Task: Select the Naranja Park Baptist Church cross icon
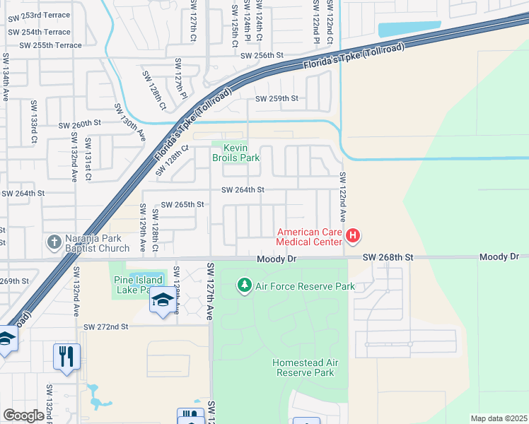54,242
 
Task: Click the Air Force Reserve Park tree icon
245,285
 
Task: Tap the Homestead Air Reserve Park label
303,367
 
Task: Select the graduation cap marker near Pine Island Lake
162,300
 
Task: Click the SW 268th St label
388,258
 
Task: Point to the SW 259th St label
277,99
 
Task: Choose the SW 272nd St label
106,327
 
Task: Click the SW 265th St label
182,204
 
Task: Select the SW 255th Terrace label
50,45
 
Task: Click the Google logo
23,416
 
